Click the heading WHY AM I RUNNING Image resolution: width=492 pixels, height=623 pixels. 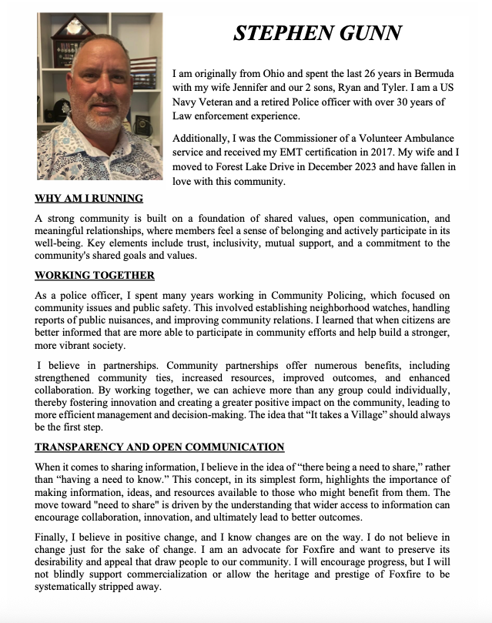click(89, 199)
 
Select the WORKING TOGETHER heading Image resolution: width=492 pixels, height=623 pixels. click(95, 276)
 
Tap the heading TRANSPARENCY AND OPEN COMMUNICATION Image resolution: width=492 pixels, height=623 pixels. click(159, 447)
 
